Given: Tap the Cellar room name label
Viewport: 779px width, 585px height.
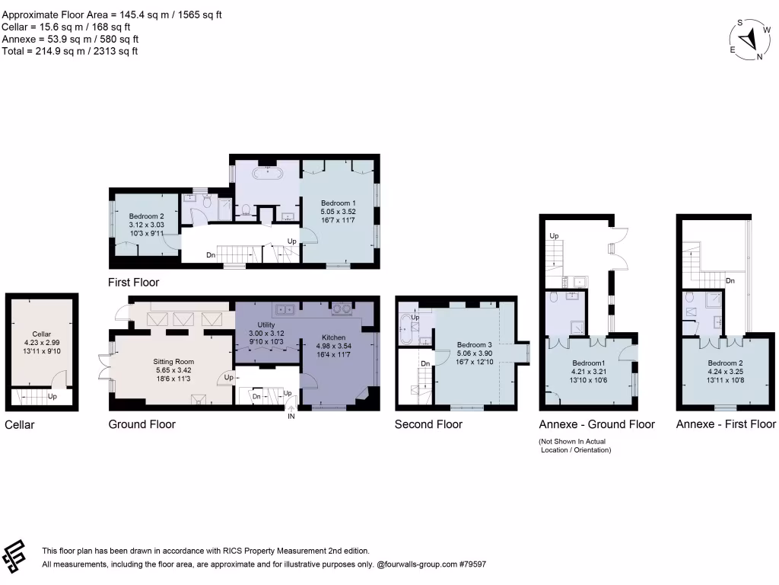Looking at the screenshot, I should tap(41, 334).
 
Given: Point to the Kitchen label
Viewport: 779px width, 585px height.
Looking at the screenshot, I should tap(333, 337).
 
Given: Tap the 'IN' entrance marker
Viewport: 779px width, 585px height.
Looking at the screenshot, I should tap(291, 417).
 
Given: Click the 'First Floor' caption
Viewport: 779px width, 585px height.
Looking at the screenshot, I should tap(134, 282).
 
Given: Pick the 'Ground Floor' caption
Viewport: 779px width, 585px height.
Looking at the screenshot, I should tap(142, 424).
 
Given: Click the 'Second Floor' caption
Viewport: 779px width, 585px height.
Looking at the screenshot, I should tap(428, 424).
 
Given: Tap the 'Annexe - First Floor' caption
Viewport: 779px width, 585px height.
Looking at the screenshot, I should tap(726, 424).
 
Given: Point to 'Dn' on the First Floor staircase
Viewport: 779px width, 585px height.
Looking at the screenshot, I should tap(210, 255).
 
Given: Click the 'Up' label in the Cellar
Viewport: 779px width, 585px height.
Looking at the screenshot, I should tap(52, 397).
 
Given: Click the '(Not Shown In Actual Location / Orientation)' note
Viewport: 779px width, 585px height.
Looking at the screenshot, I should tap(574, 446).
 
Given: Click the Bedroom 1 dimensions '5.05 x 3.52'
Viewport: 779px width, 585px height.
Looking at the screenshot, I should tap(338, 211).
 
